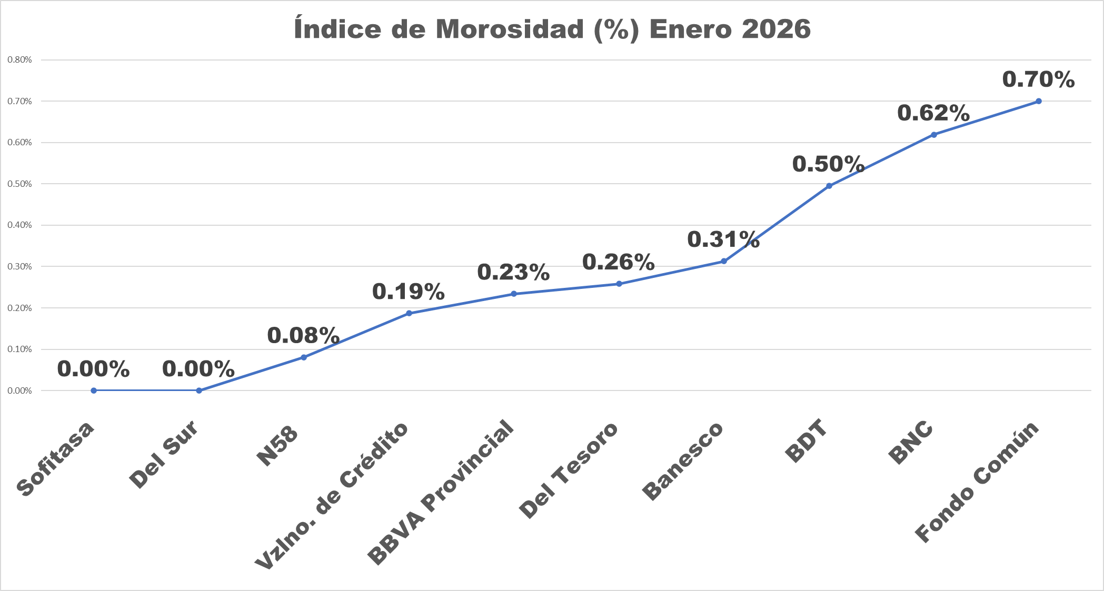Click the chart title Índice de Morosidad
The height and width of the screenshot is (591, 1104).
pos(552,29)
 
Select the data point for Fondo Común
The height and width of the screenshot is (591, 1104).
pos(1038,101)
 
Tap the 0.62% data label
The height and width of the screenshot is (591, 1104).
pos(933,113)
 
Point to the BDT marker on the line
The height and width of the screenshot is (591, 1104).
pos(829,186)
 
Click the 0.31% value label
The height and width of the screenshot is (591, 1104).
pos(723,239)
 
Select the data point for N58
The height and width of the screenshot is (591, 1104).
pos(304,357)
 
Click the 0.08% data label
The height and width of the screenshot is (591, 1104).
pos(303,336)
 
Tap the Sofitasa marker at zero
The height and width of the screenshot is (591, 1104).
pos(94,390)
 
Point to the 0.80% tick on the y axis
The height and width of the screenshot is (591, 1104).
pos(19,60)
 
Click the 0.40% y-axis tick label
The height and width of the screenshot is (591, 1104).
pos(19,225)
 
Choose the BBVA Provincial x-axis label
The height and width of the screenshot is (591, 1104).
pos(440,492)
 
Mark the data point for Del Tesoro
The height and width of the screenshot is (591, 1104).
pos(619,284)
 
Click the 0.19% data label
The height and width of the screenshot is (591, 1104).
pos(408,292)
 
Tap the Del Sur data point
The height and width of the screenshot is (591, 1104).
pos(199,390)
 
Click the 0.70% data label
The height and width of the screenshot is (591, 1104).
pos(1038,80)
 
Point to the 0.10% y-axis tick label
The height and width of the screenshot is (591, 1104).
pos(19,349)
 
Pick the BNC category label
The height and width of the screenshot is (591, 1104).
pos(911,443)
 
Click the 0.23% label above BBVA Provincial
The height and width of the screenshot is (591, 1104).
pos(513,272)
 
